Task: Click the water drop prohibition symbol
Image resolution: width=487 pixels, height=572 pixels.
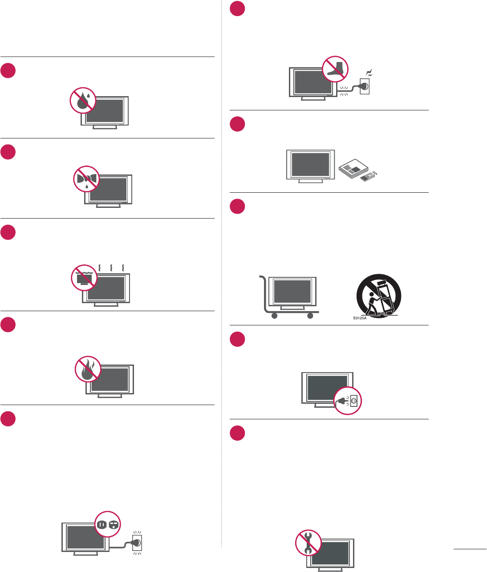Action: click(83, 100)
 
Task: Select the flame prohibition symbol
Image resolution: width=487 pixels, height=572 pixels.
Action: click(88, 369)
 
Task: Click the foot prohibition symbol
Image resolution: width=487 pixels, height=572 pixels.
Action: click(335, 69)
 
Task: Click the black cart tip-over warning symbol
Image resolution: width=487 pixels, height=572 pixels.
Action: click(379, 296)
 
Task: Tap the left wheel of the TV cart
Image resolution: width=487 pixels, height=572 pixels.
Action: click(275, 316)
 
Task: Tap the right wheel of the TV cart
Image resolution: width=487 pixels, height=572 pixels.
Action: click(310, 316)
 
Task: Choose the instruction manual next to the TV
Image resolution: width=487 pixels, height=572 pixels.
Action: click(353, 170)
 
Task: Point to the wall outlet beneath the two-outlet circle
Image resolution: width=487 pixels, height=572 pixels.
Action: click(137, 542)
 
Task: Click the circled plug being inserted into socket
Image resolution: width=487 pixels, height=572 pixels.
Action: click(348, 401)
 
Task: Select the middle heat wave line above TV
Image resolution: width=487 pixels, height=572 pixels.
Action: click(111, 268)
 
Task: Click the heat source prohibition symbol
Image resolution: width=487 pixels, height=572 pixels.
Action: click(85, 278)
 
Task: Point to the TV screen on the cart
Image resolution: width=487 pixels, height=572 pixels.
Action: click(292, 291)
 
